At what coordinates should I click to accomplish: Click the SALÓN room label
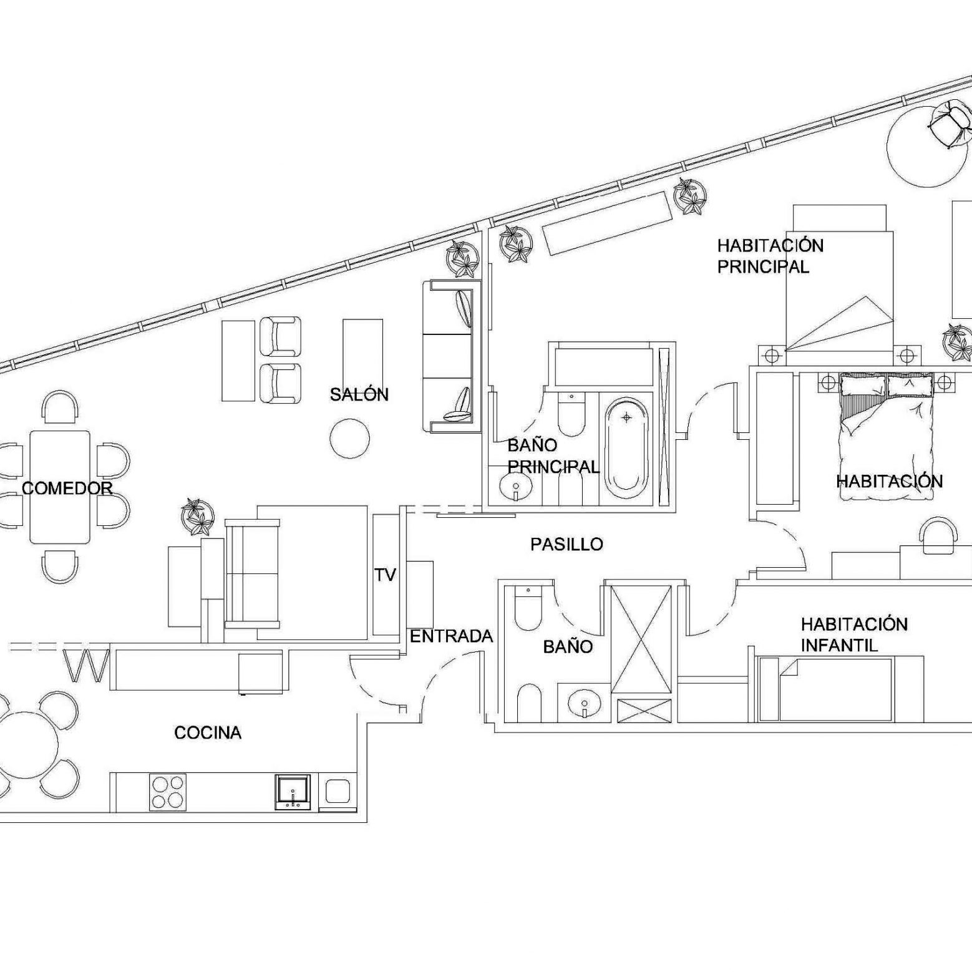(359, 394)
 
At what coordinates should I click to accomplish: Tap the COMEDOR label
(67, 488)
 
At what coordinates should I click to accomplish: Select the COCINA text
(208, 732)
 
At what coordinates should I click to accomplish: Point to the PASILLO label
(566, 544)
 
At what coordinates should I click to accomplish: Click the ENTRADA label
(451, 636)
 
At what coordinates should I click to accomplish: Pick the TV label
(386, 575)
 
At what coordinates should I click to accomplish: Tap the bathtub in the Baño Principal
(626, 449)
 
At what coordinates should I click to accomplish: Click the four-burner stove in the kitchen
(168, 792)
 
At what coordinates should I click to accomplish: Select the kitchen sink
(293, 792)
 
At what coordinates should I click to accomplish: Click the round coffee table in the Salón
(349, 439)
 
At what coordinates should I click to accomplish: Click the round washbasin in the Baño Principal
(516, 488)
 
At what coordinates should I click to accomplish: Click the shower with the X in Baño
(641, 639)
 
